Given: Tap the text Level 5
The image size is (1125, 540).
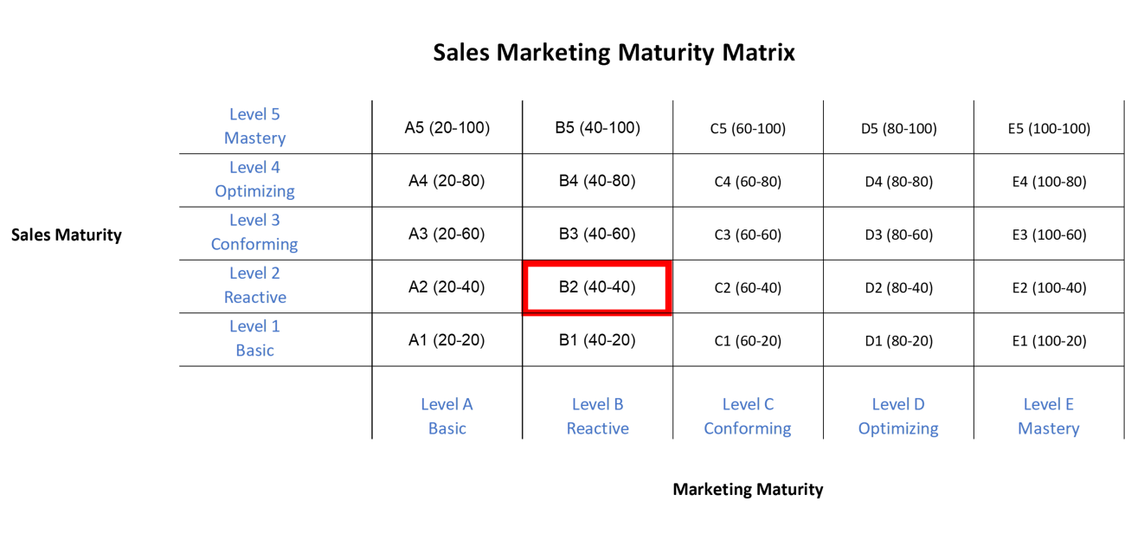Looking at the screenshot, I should click(254, 114).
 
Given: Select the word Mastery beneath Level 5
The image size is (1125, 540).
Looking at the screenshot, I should click(254, 138).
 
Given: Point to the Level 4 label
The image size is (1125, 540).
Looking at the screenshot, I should click(254, 167).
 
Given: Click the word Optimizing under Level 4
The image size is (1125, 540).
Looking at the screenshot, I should click(254, 191).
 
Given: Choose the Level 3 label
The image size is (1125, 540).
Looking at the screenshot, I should click(254, 220).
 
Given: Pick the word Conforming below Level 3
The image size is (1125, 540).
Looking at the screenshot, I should click(254, 244).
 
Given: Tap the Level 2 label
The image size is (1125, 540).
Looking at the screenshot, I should click(254, 273).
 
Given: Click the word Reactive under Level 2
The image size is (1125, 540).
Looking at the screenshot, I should click(254, 298).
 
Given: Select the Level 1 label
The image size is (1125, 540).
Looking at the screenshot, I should click(254, 326).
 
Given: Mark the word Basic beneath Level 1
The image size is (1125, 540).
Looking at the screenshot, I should click(254, 350).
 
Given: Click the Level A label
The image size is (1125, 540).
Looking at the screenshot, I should click(447, 404).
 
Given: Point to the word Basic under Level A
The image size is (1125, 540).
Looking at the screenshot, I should click(447, 428).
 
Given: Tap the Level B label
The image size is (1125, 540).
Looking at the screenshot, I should click(597, 404).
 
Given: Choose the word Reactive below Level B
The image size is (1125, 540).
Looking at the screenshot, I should click(597, 428).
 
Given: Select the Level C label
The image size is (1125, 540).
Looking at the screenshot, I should click(748, 404).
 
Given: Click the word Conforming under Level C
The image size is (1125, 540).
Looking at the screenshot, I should click(748, 428).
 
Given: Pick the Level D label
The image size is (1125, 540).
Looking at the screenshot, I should click(898, 404).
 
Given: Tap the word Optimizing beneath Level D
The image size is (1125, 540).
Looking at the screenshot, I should click(898, 428).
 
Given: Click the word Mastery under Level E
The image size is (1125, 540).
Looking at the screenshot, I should click(1048, 428).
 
